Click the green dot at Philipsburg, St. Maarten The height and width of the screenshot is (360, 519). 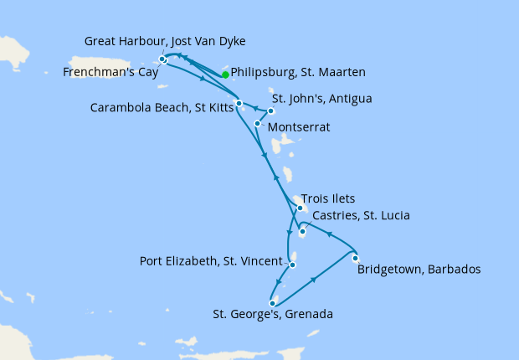click(225, 74)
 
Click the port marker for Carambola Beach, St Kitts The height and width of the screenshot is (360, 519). click(239, 104)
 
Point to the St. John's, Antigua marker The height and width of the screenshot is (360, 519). click(270, 111)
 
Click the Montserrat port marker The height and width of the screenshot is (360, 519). click(257, 123)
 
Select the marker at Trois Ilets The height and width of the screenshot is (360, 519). click(300, 208)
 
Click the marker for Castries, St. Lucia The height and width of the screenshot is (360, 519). click(302, 232)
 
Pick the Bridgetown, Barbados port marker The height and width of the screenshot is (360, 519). click(356, 258)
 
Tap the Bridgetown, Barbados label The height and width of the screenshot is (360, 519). click(419, 270)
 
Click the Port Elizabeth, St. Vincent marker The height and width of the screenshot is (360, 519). click(292, 265)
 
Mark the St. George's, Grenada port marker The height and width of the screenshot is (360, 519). click(273, 303)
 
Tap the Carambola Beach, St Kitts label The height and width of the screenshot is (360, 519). click(159, 109)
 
